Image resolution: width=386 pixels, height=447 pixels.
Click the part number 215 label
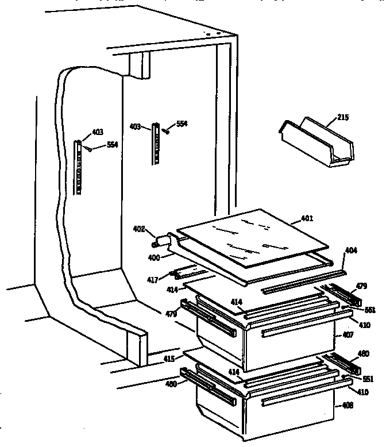[x=343, y=117]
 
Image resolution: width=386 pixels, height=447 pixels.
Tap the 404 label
[x=352, y=251]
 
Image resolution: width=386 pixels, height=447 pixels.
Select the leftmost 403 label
[x=97, y=132]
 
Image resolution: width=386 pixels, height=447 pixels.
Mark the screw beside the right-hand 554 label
[x=165, y=131]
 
